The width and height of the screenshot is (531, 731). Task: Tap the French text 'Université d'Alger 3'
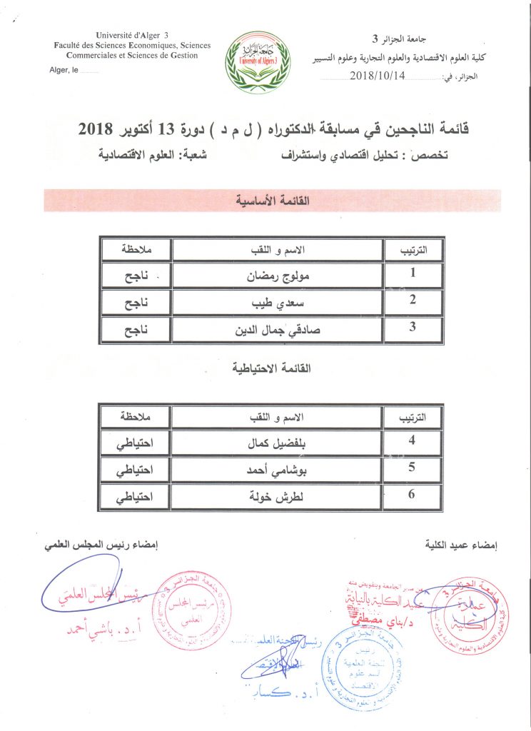click(132, 35)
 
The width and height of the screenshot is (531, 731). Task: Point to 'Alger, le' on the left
click(65, 69)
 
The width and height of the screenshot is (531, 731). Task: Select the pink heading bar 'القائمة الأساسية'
click(272, 201)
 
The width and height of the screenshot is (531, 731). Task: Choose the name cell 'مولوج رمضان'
click(278, 274)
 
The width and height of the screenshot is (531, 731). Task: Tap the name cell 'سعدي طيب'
click(278, 302)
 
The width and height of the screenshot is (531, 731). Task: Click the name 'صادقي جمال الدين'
click(278, 330)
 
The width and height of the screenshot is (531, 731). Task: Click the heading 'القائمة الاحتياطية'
click(272, 368)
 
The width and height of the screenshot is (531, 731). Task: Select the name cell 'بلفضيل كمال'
click(278, 442)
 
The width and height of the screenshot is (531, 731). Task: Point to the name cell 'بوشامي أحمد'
click(278, 469)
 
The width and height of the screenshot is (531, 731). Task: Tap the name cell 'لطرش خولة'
click(278, 496)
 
